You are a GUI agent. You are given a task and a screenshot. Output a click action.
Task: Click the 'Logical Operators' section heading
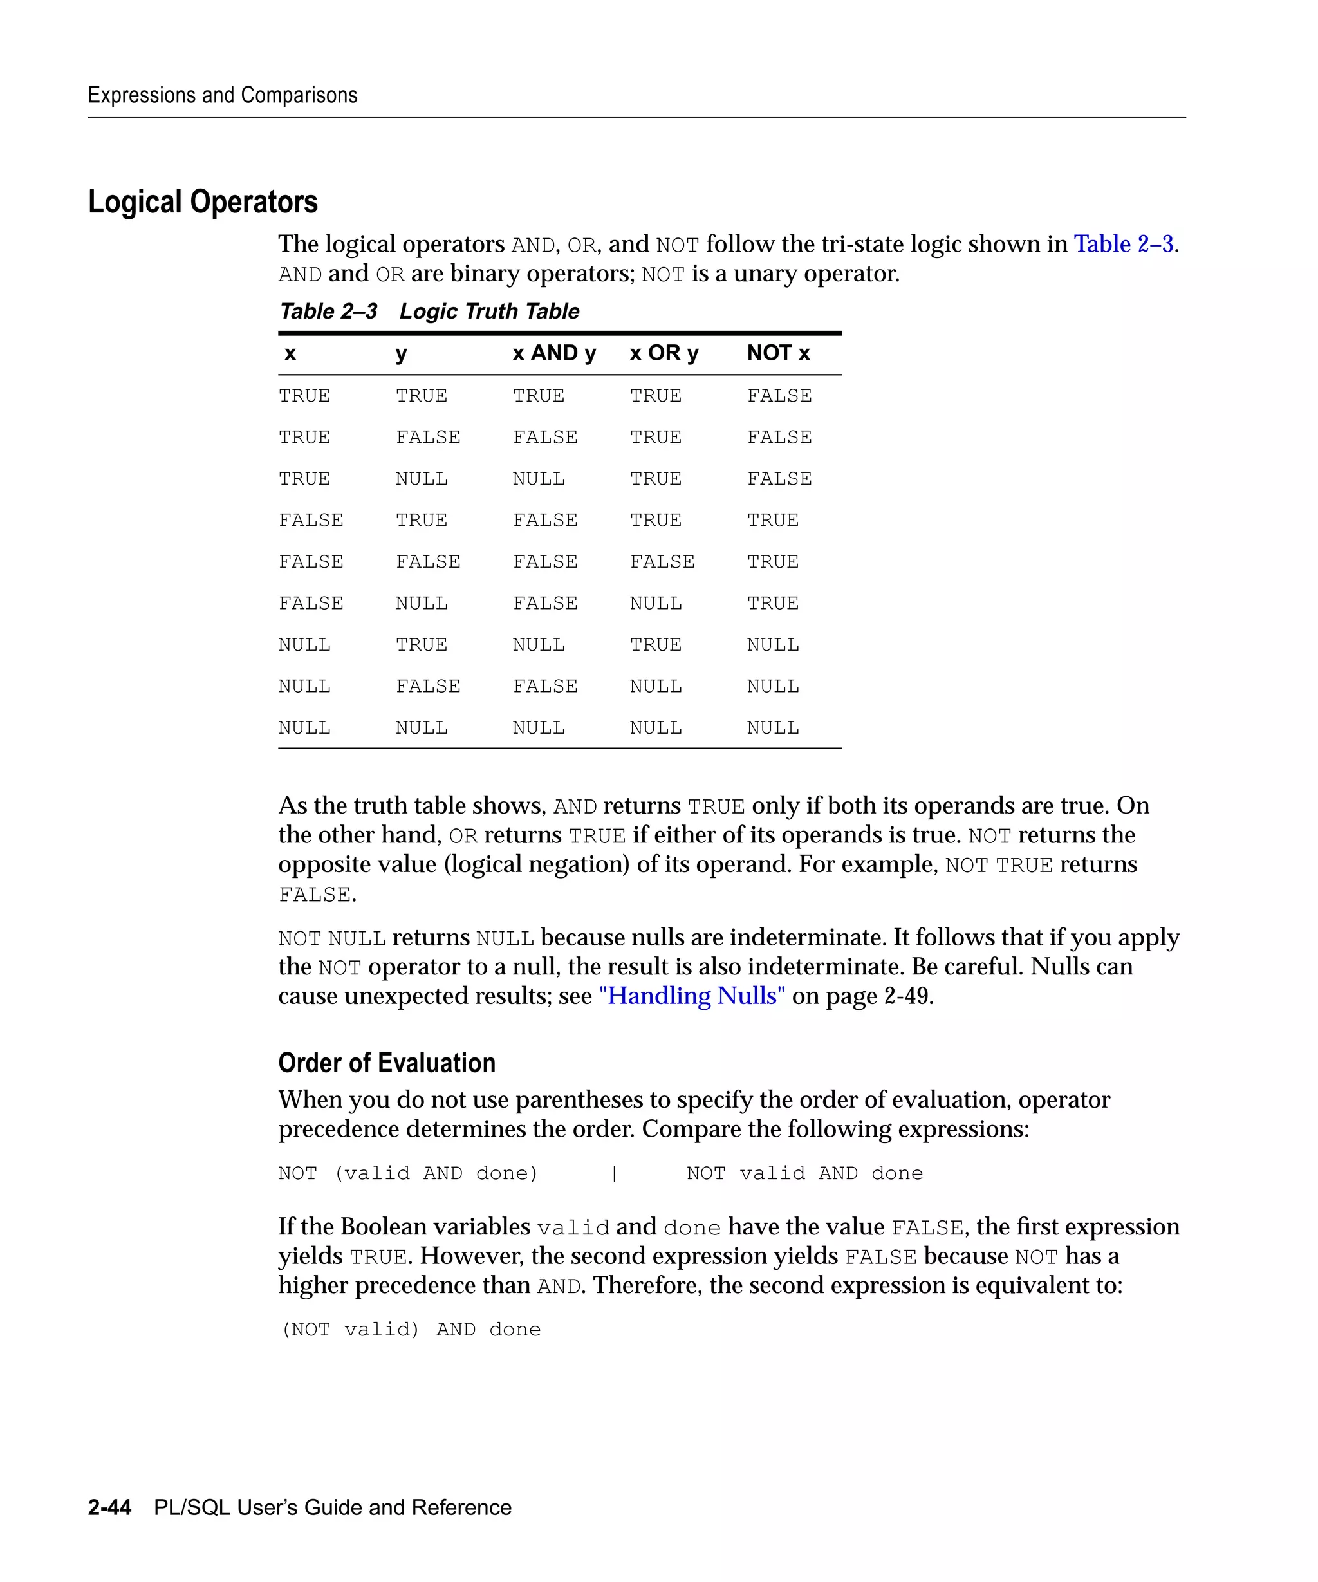click(x=203, y=202)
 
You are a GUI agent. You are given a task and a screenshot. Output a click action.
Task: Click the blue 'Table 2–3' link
click(x=1123, y=244)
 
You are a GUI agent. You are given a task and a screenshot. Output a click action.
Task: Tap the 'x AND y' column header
click(x=553, y=353)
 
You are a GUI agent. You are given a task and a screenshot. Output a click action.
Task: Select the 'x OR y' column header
click(x=664, y=353)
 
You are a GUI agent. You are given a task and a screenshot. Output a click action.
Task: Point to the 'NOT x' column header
click(x=778, y=353)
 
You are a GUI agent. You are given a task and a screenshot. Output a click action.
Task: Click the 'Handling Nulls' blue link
click(x=691, y=996)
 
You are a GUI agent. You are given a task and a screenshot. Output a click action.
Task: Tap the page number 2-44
click(x=109, y=1507)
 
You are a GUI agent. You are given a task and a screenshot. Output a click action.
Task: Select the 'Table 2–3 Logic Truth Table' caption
click(x=429, y=311)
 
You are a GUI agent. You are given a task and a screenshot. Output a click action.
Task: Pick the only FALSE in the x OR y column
click(x=662, y=562)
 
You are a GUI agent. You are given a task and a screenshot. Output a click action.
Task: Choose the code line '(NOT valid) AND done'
click(x=411, y=1330)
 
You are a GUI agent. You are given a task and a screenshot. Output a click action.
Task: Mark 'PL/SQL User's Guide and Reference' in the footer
click(x=332, y=1507)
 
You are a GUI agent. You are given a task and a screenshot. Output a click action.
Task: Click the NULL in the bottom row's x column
click(x=304, y=729)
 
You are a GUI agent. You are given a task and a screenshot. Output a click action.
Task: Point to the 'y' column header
click(x=401, y=353)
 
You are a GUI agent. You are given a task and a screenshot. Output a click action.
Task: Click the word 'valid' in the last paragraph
click(x=572, y=1228)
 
